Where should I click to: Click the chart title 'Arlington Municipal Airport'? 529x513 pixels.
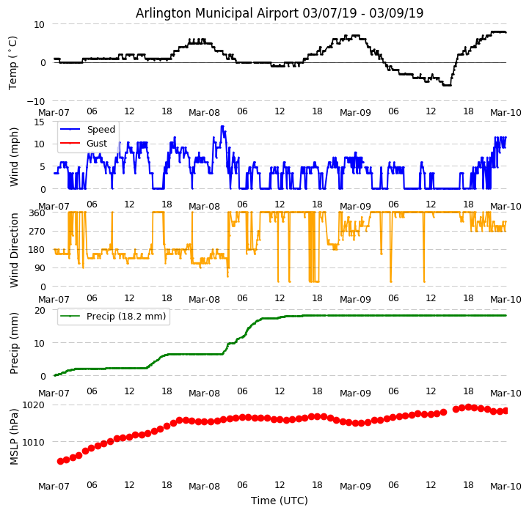[x=280, y=13]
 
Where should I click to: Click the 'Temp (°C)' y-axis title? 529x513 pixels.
[x=13, y=62]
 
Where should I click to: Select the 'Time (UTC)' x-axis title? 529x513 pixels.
[x=280, y=501]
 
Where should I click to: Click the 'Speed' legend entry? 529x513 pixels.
[x=101, y=130]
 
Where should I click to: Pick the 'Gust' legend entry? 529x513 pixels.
[x=97, y=144]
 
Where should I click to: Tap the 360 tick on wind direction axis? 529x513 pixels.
[x=37, y=213]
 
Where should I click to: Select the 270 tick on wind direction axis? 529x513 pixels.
[x=37, y=232]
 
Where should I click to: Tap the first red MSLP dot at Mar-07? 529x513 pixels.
[x=60, y=461]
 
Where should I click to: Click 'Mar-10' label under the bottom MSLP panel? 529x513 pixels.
[x=506, y=486]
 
